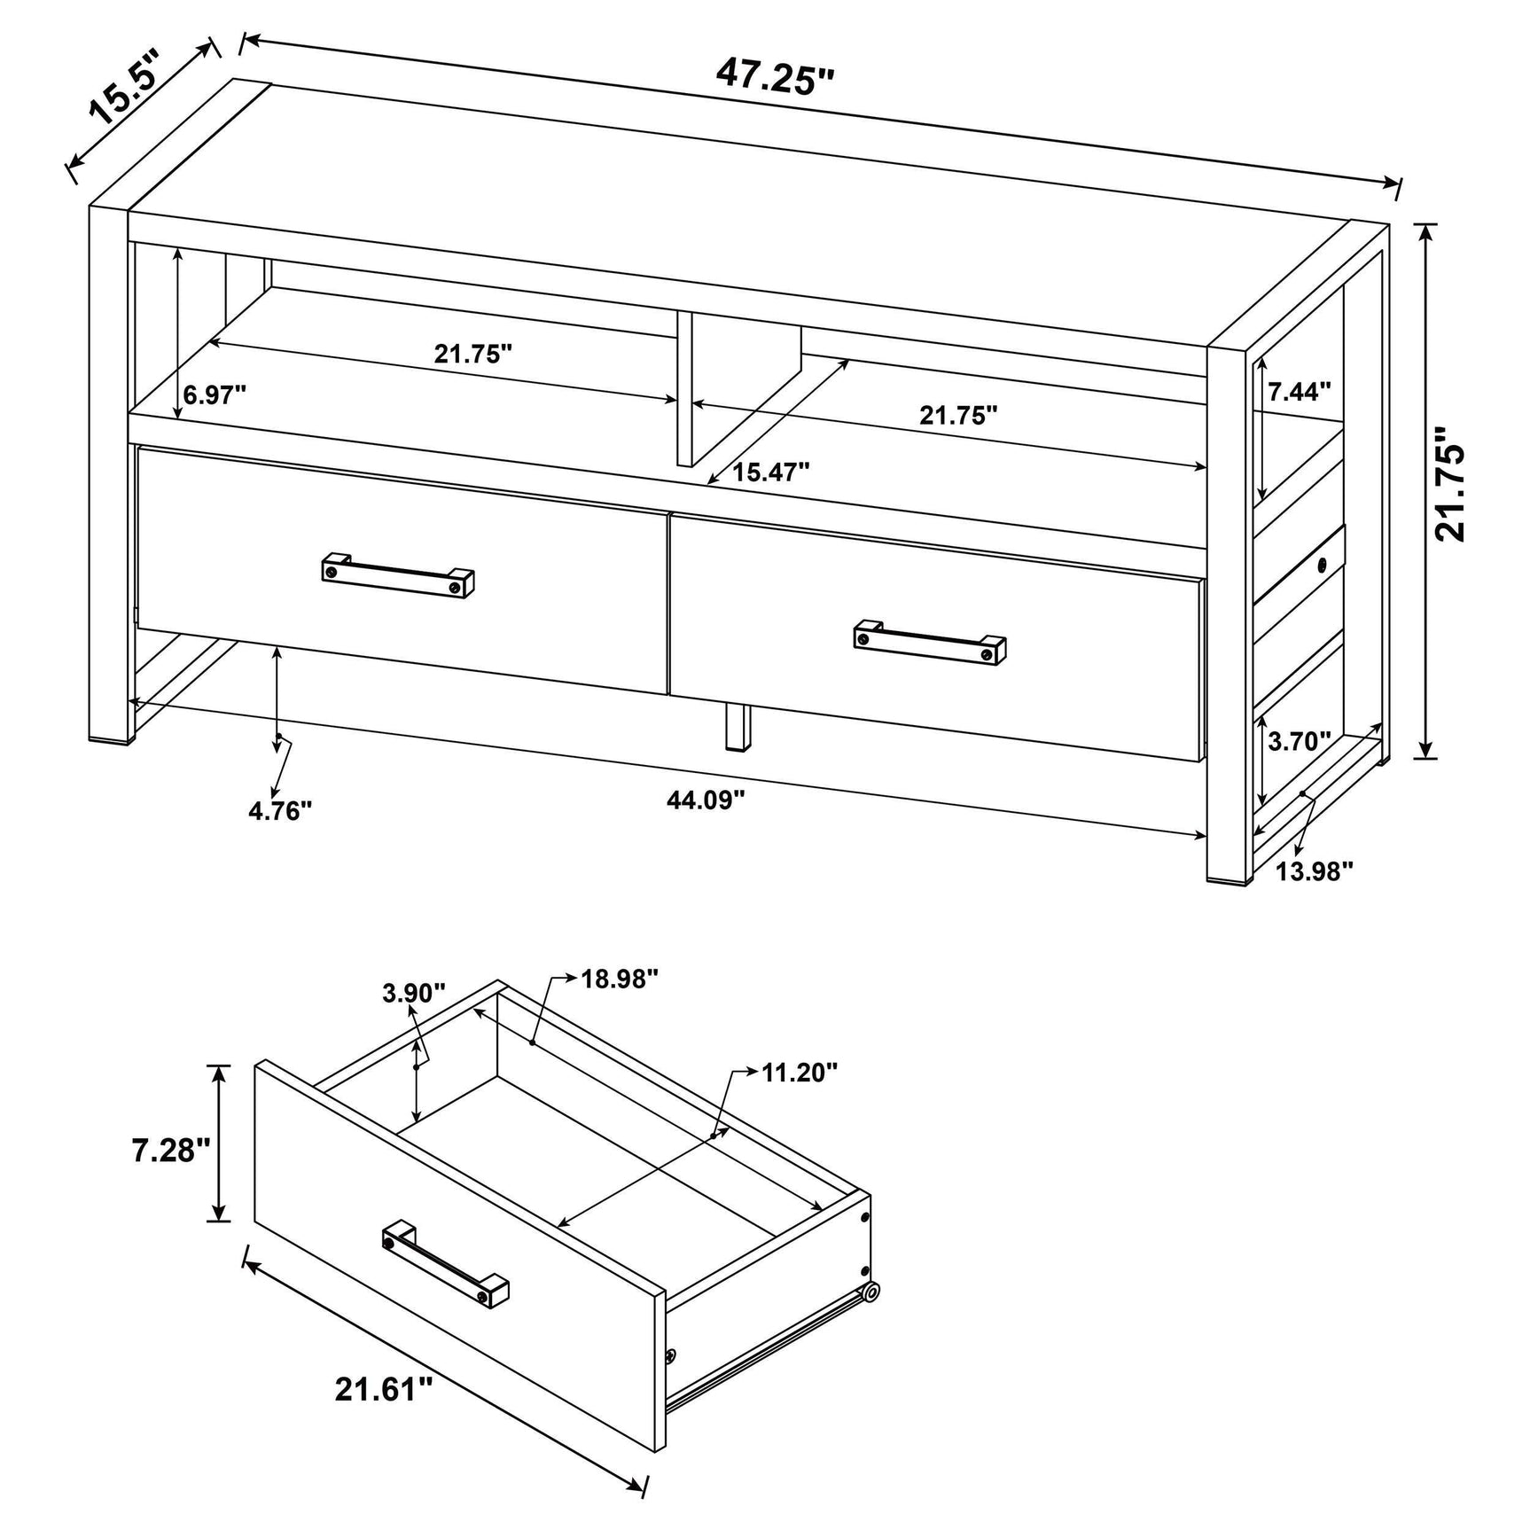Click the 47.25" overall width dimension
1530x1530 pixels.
coord(776,77)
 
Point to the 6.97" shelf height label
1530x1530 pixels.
coord(215,394)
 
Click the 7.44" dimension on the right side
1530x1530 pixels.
coord(1299,391)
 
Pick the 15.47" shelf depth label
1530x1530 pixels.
coord(770,472)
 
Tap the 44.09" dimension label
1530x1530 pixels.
coord(706,800)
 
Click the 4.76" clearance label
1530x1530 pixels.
coord(280,810)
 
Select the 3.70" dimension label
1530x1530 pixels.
coord(1299,741)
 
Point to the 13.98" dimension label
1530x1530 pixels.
coord(1315,871)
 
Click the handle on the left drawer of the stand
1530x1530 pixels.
coord(397,576)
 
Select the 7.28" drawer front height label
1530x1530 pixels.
coord(171,1151)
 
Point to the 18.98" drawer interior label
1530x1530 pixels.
coord(620,979)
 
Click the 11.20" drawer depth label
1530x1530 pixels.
coord(800,1073)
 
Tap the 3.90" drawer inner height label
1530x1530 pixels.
coord(413,994)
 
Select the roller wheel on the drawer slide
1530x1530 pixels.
coord(872,1293)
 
